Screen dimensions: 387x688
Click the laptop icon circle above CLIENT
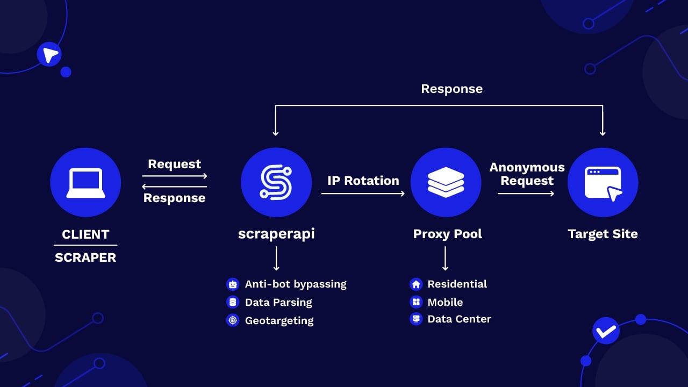(85, 183)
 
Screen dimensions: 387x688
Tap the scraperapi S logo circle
(276, 183)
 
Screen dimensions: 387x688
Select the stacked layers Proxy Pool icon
(446, 183)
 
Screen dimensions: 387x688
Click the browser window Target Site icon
(603, 183)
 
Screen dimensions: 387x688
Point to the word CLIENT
(85, 234)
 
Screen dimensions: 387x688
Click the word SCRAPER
(85, 257)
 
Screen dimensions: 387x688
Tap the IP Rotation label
(363, 181)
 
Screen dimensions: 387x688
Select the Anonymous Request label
(527, 174)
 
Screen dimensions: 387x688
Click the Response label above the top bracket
(451, 89)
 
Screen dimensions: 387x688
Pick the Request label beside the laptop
(174, 164)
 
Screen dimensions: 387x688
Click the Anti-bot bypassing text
(296, 284)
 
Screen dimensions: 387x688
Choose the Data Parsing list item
(278, 302)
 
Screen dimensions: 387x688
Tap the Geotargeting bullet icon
(233, 320)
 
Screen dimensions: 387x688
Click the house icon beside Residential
(415, 284)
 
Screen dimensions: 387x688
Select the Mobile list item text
(445, 302)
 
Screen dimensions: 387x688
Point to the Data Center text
(459, 319)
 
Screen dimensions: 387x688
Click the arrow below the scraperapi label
(276, 259)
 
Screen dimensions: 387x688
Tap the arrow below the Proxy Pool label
(446, 259)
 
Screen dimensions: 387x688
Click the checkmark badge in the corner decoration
(606, 331)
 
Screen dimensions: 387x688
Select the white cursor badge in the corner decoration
(49, 54)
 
